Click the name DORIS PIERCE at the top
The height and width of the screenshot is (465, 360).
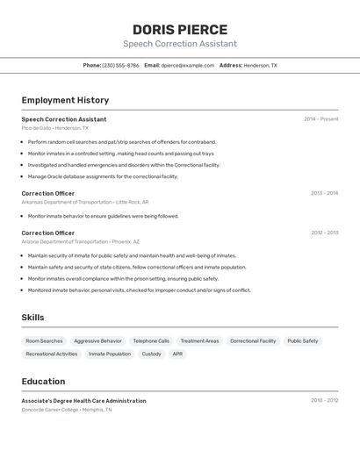click(180, 29)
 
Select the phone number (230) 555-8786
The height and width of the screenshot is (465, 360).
click(120, 65)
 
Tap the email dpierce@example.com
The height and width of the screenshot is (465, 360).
click(188, 65)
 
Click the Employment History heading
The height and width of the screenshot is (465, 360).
click(65, 100)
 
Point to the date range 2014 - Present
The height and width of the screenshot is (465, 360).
click(320, 119)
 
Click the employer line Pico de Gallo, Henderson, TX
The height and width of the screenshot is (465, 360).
click(55, 128)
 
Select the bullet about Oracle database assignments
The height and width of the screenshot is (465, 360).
click(103, 176)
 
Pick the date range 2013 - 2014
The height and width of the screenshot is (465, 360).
click(324, 193)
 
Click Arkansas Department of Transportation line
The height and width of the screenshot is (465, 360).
click(85, 202)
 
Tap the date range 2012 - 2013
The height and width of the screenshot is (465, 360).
click(324, 232)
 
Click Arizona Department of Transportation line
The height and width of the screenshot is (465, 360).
click(81, 241)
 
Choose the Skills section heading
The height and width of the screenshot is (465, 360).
click(32, 318)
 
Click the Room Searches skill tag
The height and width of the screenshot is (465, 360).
click(44, 340)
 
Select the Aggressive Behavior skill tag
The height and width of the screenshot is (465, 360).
click(97, 340)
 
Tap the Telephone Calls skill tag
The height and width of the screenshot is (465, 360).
click(151, 340)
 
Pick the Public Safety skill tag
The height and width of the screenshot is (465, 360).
click(303, 340)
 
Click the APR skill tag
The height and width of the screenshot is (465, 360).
click(177, 354)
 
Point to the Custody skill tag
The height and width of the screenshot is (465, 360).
click(151, 354)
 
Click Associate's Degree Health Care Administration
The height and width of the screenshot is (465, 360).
click(84, 400)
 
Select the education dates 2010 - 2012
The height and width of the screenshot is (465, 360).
click(324, 400)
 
